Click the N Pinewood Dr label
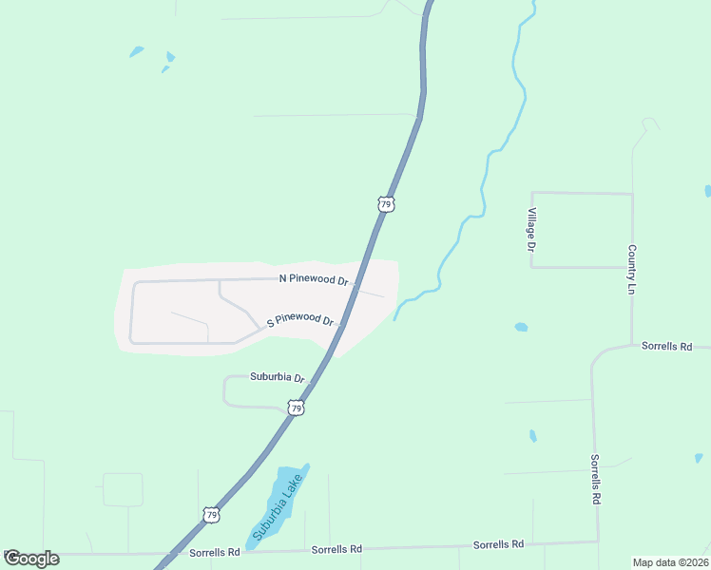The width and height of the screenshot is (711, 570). pyautogui.click(x=314, y=279)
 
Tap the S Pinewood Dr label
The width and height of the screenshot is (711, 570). pyautogui.click(x=299, y=320)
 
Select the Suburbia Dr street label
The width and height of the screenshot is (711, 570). pyautogui.click(x=277, y=377)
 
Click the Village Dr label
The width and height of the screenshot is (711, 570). pyautogui.click(x=532, y=229)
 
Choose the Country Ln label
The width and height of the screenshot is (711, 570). pyautogui.click(x=631, y=269)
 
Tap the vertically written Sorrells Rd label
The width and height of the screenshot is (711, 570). pyautogui.click(x=596, y=479)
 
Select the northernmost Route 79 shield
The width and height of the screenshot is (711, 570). pyautogui.click(x=385, y=204)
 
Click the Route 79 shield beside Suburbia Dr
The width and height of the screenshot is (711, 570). pyautogui.click(x=297, y=408)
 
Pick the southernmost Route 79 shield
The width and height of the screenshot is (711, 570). pyautogui.click(x=211, y=515)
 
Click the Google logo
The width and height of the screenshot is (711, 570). pyautogui.click(x=30, y=559)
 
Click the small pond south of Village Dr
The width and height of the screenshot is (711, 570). pyautogui.click(x=521, y=328)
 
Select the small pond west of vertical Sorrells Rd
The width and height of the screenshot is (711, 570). pyautogui.click(x=532, y=436)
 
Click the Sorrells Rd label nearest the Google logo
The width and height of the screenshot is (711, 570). pyautogui.click(x=214, y=551)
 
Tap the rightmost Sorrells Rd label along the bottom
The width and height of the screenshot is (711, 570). pyautogui.click(x=499, y=544)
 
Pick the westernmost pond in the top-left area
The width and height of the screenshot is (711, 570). pyautogui.click(x=137, y=51)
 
